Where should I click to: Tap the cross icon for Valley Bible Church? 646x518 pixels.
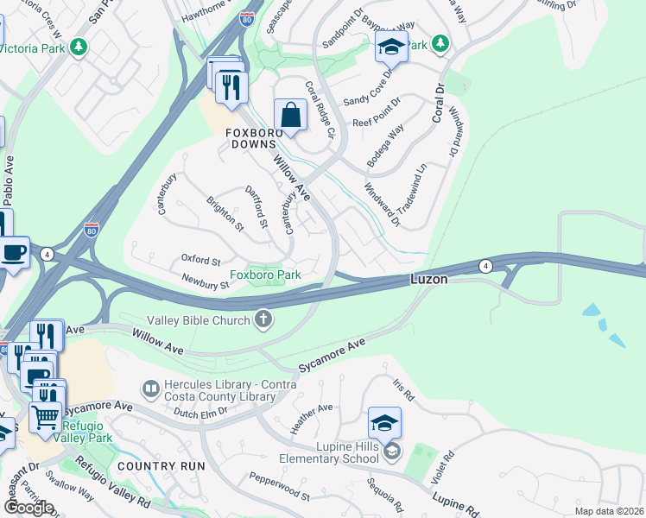(264, 321)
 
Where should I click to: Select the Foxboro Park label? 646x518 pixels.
(270, 275)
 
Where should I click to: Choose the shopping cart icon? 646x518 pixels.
(45, 417)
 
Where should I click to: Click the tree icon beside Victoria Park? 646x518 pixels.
(79, 46)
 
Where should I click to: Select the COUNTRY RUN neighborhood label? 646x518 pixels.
(161, 465)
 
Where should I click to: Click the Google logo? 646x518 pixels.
(28, 507)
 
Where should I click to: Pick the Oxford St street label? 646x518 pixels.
(201, 259)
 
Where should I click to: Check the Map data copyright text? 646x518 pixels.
(609, 510)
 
